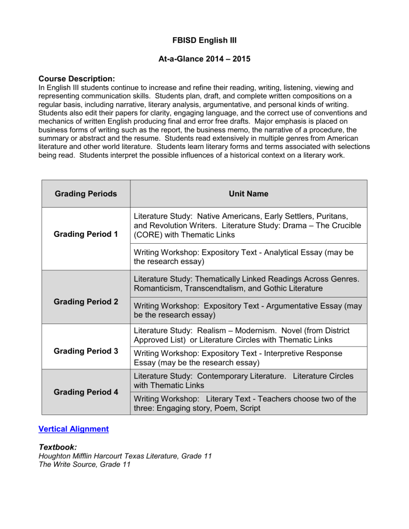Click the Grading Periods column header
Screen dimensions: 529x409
(86, 194)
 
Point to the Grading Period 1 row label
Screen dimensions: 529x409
(86, 233)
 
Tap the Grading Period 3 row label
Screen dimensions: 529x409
(86, 351)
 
